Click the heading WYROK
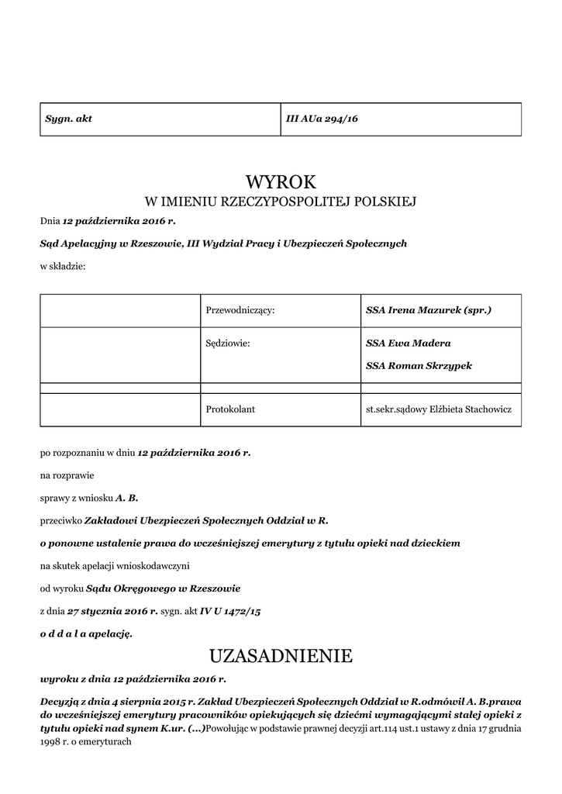tap(281, 182)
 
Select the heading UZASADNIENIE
tap(281, 657)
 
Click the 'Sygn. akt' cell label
tap(68, 119)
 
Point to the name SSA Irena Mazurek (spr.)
tap(429, 310)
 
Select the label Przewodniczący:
tap(240, 310)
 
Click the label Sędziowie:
tap(228, 343)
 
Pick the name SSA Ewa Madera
tap(408, 343)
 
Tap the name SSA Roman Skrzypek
tap(419, 365)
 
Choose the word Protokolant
tap(230, 409)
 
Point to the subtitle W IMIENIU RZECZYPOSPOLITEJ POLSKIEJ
tap(281, 202)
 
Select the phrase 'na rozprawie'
tap(67, 475)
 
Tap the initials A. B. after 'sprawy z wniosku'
tap(127, 497)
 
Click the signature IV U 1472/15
tap(230, 611)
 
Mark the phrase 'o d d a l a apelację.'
tap(86, 633)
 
